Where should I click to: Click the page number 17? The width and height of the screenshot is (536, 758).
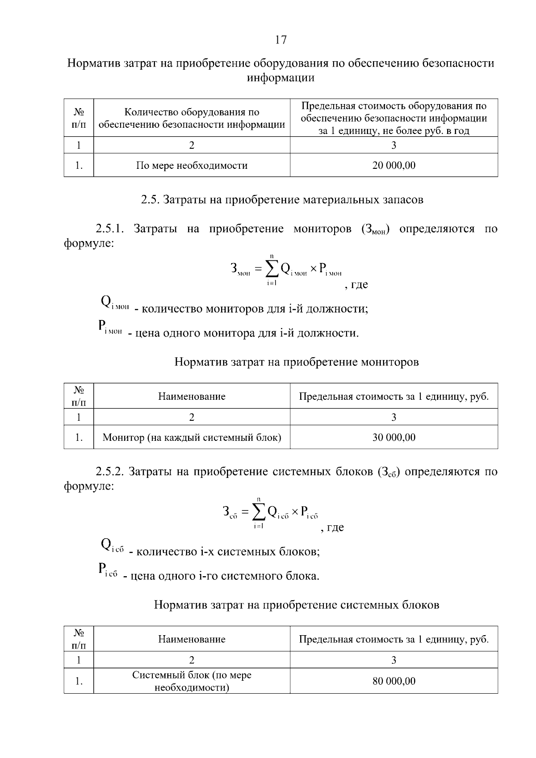[281, 40]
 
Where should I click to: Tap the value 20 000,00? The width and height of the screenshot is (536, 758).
[394, 166]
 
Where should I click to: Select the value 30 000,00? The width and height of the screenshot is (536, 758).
[394, 437]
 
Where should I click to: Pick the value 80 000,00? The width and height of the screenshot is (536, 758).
[394, 681]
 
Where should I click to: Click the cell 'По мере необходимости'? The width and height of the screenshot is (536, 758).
[192, 166]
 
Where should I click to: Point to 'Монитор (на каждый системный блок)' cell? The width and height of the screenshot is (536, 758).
[192, 437]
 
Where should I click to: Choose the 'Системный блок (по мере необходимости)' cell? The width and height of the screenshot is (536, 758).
[192, 681]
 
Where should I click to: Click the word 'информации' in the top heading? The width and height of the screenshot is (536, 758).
[281, 78]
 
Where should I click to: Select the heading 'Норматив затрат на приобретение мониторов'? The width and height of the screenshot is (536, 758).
[296, 362]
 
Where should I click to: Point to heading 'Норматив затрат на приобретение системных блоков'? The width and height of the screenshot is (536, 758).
[296, 605]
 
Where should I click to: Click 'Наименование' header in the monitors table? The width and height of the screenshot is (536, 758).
[192, 397]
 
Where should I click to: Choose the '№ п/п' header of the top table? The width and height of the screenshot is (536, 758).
[79, 118]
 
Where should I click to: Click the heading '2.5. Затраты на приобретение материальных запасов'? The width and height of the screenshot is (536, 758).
[282, 200]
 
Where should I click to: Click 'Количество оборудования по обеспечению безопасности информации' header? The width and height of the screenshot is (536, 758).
[192, 118]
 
